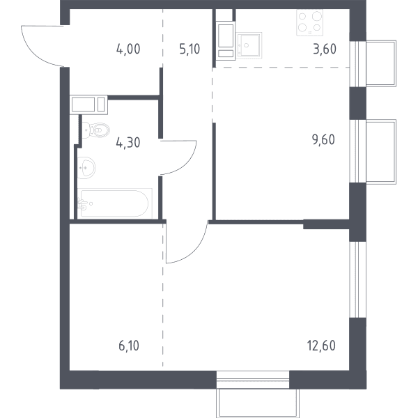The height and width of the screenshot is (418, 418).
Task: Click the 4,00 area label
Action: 128,49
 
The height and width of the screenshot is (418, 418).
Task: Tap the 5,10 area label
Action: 189,49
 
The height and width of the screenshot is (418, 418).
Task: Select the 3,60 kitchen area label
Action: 325,49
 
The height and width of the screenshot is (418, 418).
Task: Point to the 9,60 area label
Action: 324,140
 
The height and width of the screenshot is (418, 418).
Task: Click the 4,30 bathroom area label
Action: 128,143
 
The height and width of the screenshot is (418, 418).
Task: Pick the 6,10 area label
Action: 129,346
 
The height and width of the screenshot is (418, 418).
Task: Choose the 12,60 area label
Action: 321,346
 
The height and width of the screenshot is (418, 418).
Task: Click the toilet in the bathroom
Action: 95,130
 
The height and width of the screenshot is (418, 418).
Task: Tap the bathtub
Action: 115,203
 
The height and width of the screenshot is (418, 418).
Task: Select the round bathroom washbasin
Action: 86,168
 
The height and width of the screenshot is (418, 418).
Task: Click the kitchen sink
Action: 249,45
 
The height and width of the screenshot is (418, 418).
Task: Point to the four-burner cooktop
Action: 309,23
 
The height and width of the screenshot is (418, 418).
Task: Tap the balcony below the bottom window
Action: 258,403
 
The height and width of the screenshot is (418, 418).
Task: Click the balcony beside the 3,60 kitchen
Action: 381,63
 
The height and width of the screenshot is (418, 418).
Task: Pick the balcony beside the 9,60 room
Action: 381,152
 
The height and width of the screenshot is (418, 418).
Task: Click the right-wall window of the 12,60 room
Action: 358,279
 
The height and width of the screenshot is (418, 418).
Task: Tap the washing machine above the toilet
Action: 88,104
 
